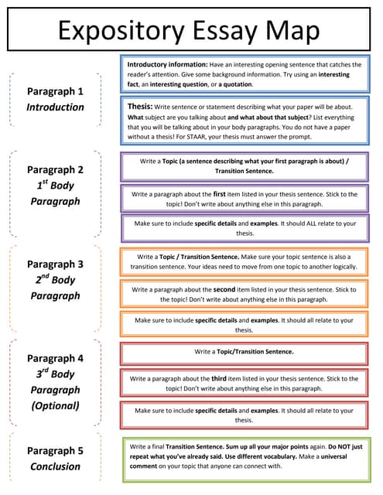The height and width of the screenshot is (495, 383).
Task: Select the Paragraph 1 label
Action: (55, 90)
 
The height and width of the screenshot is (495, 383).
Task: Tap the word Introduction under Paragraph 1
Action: (55, 107)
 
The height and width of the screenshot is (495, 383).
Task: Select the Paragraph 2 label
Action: (55, 169)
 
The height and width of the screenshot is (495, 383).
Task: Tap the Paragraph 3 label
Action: (55, 264)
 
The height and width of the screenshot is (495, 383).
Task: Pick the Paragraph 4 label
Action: (55, 358)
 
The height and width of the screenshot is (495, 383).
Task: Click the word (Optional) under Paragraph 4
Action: (55, 405)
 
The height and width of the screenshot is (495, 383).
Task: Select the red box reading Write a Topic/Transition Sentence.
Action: (244, 352)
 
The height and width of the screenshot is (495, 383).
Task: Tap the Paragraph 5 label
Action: (55, 450)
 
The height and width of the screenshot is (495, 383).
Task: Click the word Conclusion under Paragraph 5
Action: (55, 466)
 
